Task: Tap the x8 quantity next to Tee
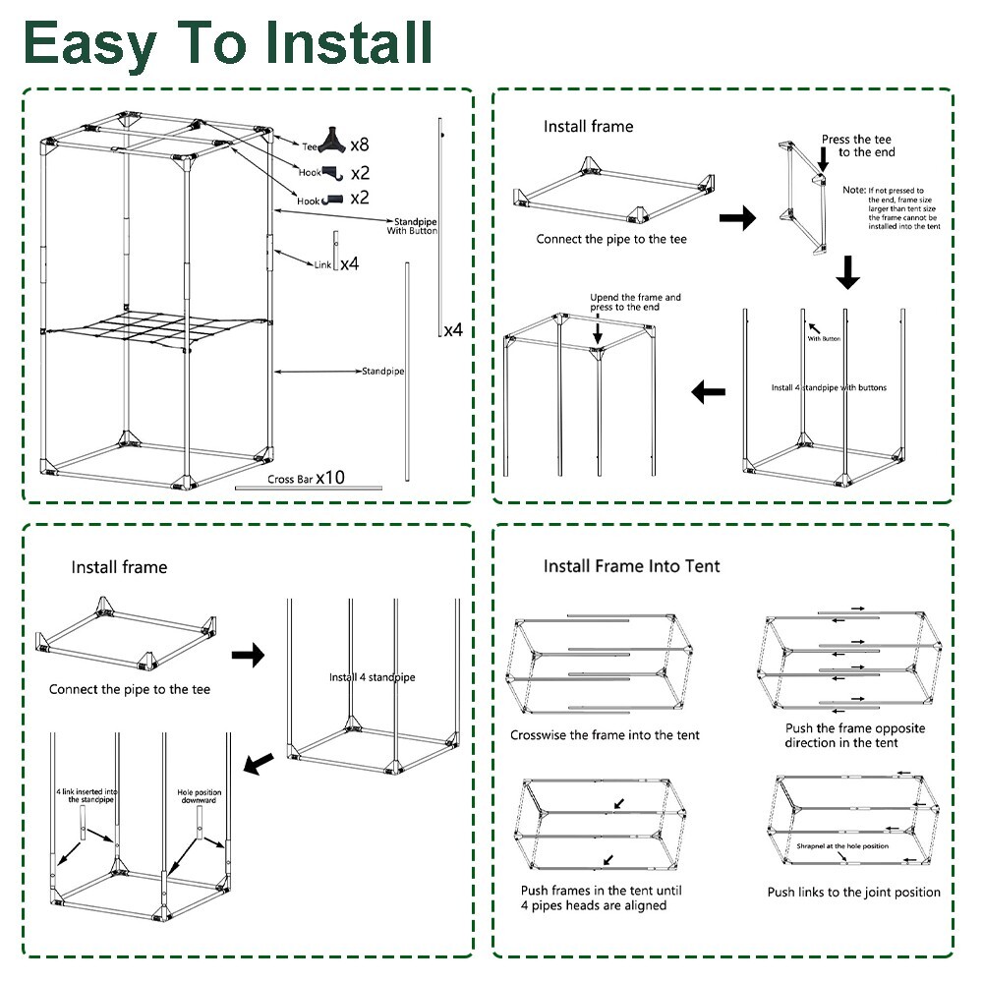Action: tap(359, 145)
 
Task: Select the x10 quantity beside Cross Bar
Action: tap(330, 478)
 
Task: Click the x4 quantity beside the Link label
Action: tap(349, 264)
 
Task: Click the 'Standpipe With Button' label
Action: tap(413, 227)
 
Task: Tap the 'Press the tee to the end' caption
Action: tap(859, 145)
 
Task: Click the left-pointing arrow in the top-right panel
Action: tap(709, 392)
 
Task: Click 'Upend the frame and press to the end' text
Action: tap(635, 302)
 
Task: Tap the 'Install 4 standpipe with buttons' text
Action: tap(829, 387)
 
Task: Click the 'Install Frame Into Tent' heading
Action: tap(632, 566)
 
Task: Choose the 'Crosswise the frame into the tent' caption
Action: tap(605, 735)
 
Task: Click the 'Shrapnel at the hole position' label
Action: tap(841, 845)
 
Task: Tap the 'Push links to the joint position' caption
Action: tap(853, 892)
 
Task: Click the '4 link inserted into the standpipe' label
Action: tap(87, 795)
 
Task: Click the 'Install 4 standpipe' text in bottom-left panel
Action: tap(372, 677)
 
